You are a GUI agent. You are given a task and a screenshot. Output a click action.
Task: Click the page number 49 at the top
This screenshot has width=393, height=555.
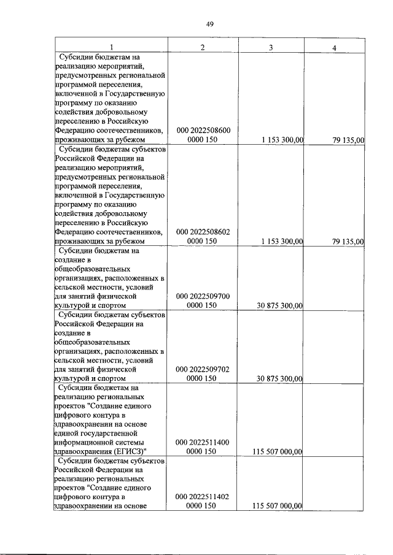pos(209,24)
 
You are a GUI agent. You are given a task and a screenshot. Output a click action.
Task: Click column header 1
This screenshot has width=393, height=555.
pos(111,47)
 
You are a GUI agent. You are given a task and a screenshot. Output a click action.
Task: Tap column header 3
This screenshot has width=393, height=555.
pos(270,47)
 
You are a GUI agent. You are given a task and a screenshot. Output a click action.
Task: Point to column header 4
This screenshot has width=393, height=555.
pos(334,47)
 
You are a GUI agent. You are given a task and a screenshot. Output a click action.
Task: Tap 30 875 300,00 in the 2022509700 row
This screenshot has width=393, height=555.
pos(278,306)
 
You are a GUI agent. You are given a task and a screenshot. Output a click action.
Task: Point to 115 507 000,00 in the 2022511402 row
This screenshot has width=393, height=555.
pos(277,506)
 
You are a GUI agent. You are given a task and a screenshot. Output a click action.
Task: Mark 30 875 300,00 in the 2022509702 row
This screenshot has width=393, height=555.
pos(278,379)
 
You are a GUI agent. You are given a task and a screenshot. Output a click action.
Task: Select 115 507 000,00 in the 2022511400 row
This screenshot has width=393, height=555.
pos(277,452)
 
